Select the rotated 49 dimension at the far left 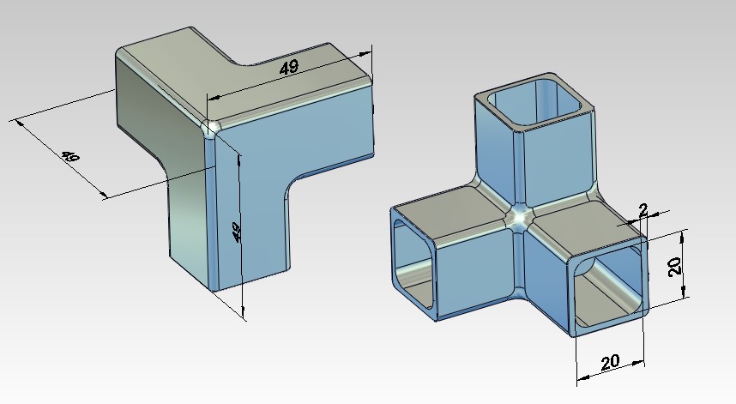70,159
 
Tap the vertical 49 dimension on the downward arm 237,232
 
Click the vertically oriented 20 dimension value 676,265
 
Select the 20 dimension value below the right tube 610,362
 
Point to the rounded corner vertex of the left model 209,128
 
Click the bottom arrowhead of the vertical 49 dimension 244,312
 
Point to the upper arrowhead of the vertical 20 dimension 683,234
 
